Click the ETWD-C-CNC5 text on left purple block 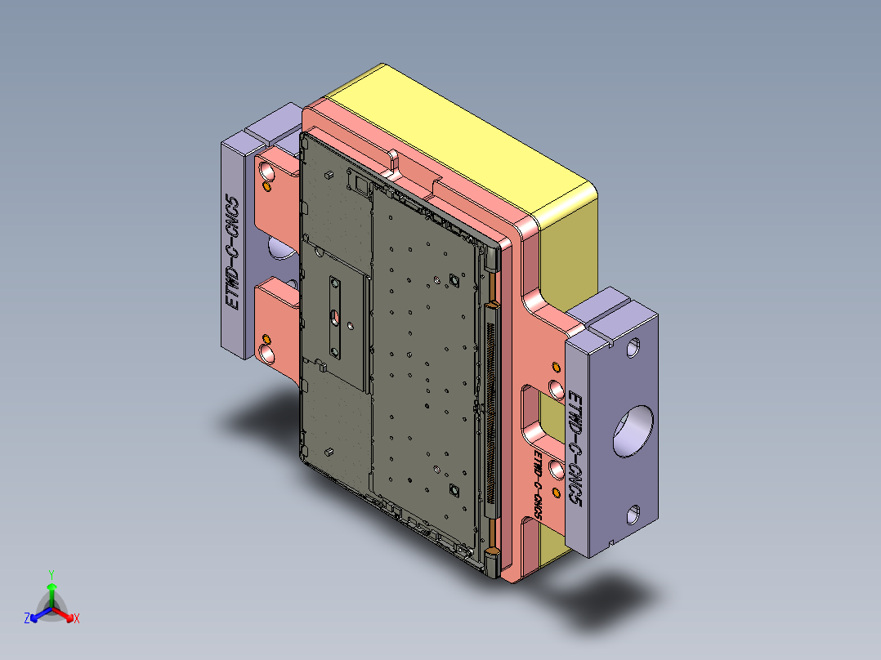click(x=233, y=253)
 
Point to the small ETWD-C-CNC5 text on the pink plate click(x=537, y=483)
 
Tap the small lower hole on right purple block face click(x=633, y=515)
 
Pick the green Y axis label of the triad click(x=51, y=574)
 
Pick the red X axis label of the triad click(x=77, y=619)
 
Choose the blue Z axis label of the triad click(x=27, y=619)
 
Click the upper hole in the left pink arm click(x=267, y=171)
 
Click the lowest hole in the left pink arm click(x=267, y=352)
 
